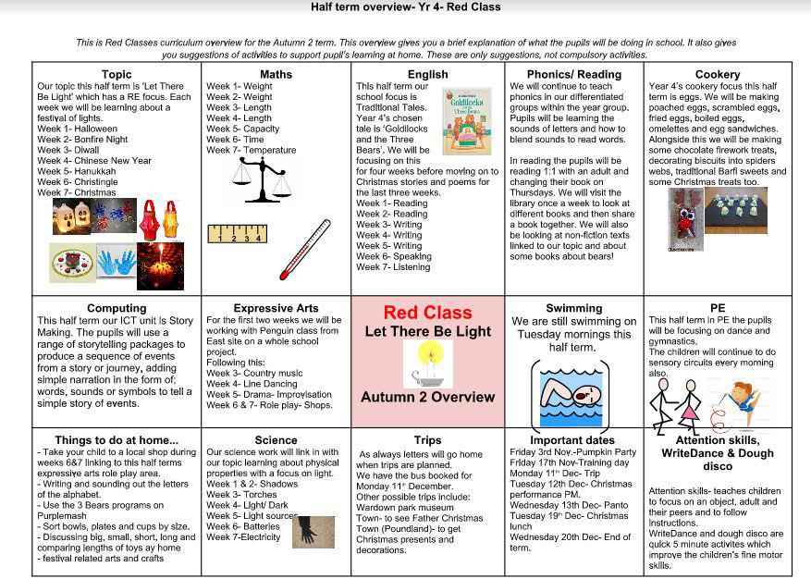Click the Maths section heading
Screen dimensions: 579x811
[276, 74]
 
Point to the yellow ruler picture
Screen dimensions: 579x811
[236, 234]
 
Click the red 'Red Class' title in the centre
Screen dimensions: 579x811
[427, 313]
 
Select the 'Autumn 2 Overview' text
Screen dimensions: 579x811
[427, 398]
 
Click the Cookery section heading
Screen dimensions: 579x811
[717, 74]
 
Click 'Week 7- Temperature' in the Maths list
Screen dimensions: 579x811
[252, 150]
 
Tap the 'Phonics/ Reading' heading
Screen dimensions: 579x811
[574, 74]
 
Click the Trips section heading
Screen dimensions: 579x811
[427, 440]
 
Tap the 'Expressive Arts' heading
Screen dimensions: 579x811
[276, 308]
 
